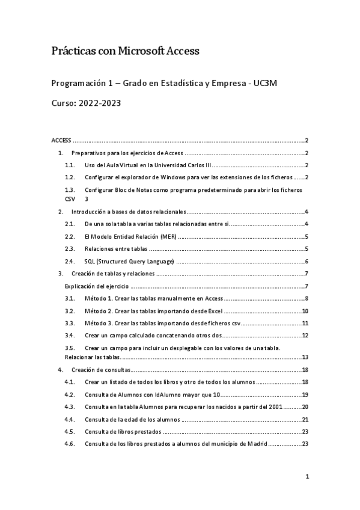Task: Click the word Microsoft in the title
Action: coord(142,52)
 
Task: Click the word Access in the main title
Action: coord(183,52)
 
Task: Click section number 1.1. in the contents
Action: coord(70,165)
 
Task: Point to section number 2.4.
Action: coord(70,261)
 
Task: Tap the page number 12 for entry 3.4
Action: coord(305,335)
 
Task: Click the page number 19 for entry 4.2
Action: coord(305,395)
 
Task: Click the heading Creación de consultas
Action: coord(101,369)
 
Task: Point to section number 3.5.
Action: coord(70,348)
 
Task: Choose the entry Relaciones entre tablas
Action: coord(116,249)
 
